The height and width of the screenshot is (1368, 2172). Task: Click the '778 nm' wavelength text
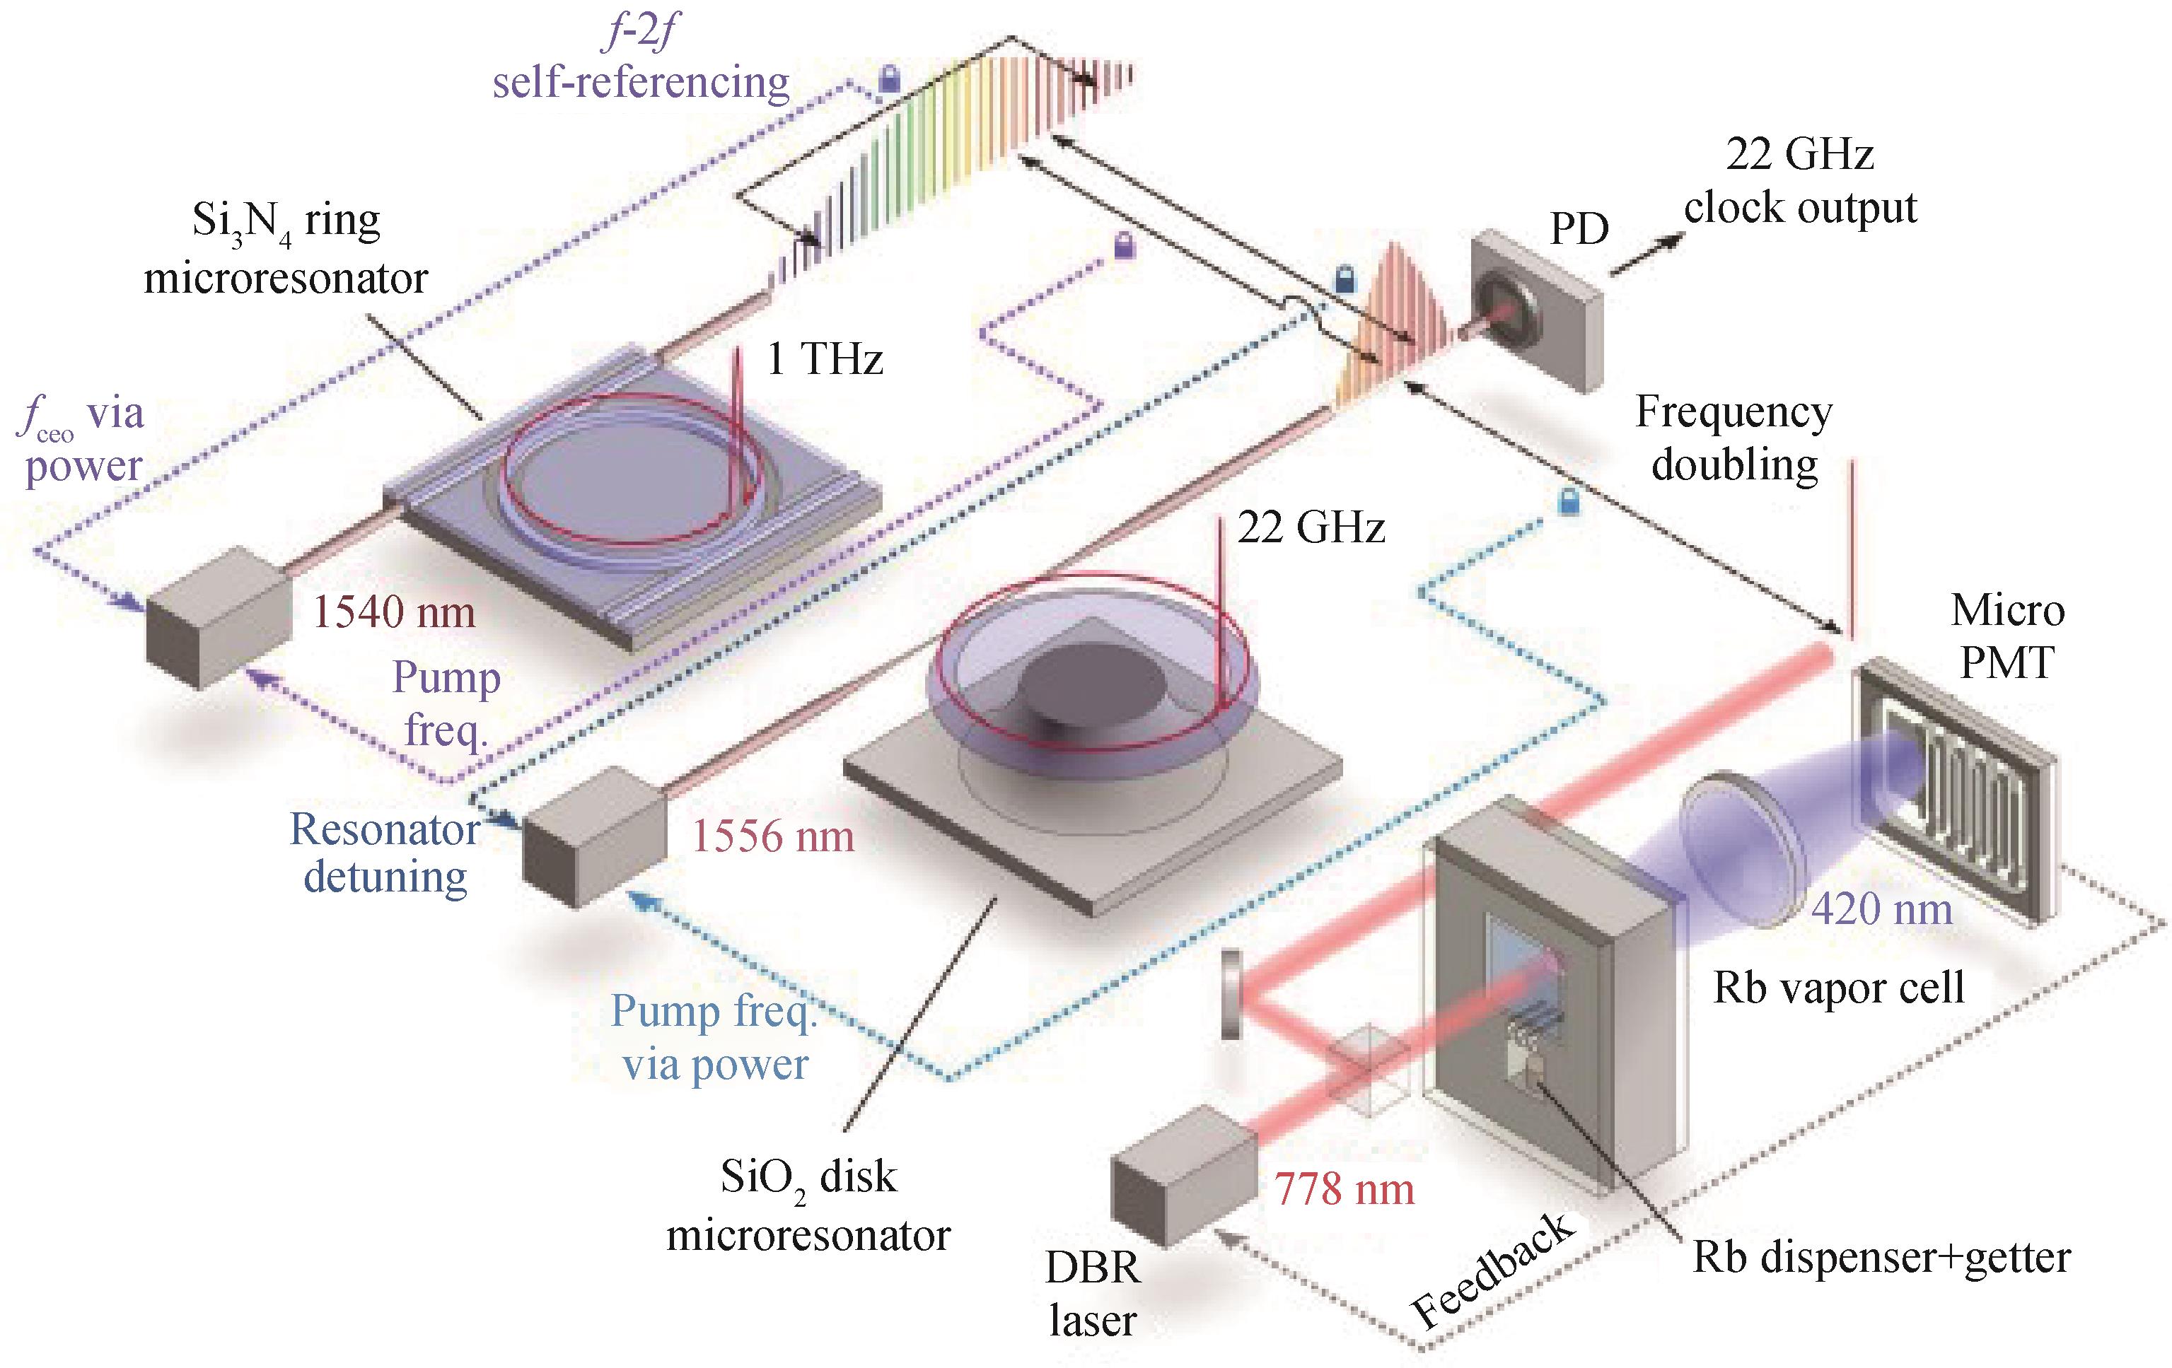tap(1344, 1191)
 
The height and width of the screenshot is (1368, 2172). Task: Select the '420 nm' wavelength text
tap(1881, 908)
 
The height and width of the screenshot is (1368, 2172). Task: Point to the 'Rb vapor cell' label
tap(1838, 988)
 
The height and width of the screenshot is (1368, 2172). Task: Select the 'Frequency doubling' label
tap(1733, 439)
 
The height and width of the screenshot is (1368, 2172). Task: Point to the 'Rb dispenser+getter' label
tap(1881, 1257)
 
